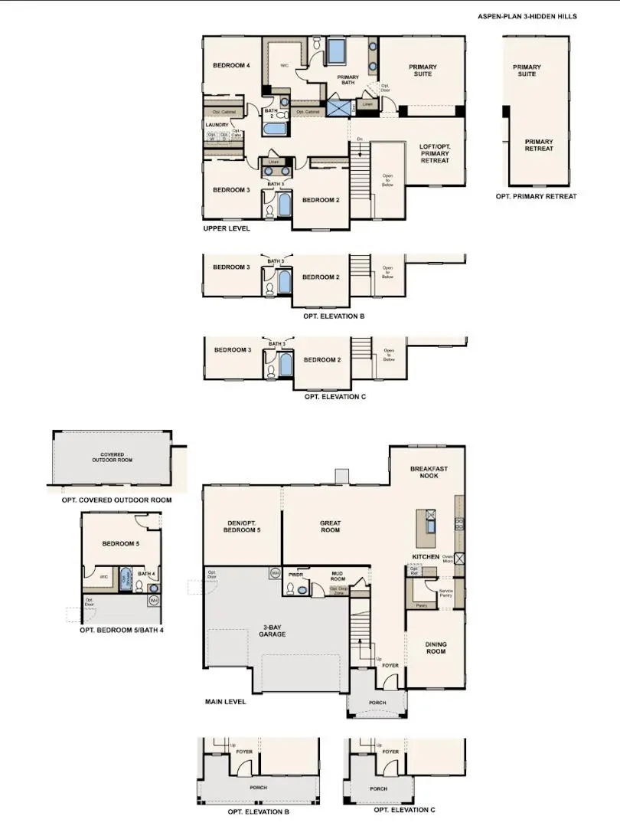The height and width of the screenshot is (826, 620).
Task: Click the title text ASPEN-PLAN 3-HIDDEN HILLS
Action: click(527, 16)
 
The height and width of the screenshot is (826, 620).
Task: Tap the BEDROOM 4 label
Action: click(231, 66)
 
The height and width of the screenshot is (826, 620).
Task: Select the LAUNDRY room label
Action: click(217, 124)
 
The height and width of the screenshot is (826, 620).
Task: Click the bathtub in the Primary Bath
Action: click(336, 51)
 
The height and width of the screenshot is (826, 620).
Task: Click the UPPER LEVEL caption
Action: click(227, 228)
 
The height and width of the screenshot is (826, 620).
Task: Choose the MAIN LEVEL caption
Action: click(225, 702)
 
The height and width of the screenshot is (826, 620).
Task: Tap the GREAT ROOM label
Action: click(330, 526)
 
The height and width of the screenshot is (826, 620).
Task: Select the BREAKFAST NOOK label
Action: click(429, 473)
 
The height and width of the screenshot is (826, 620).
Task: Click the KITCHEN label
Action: click(426, 556)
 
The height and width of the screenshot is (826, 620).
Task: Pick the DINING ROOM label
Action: click(436, 648)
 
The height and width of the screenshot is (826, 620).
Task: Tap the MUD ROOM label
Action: click(338, 575)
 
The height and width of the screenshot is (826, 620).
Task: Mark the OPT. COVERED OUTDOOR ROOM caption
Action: click(116, 500)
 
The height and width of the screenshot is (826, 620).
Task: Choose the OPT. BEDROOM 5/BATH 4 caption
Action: click(122, 631)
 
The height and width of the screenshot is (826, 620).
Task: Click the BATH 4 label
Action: click(145, 573)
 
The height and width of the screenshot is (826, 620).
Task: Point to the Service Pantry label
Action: click(445, 594)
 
